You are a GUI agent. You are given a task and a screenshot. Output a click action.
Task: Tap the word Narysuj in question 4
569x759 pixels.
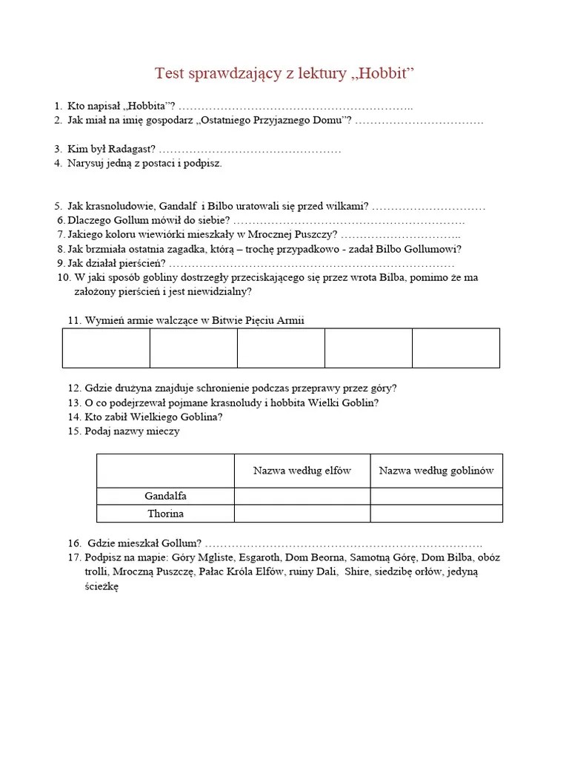(x=87, y=163)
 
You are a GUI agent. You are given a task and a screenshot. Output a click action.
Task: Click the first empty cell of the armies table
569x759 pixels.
(x=106, y=348)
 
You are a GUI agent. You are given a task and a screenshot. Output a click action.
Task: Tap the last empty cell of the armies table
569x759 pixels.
(x=456, y=348)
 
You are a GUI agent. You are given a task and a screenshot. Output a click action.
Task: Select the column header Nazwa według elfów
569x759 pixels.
(x=302, y=471)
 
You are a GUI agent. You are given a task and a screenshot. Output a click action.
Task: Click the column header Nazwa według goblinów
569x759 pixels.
(x=436, y=471)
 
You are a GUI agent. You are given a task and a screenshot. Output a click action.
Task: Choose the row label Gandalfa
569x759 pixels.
(x=165, y=496)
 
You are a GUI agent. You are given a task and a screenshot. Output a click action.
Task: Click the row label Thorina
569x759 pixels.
(x=165, y=514)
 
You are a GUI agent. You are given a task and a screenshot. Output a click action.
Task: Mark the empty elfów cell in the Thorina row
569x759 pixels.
(x=302, y=514)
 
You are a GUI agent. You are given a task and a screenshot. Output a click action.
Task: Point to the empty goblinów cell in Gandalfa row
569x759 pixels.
(x=436, y=496)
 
